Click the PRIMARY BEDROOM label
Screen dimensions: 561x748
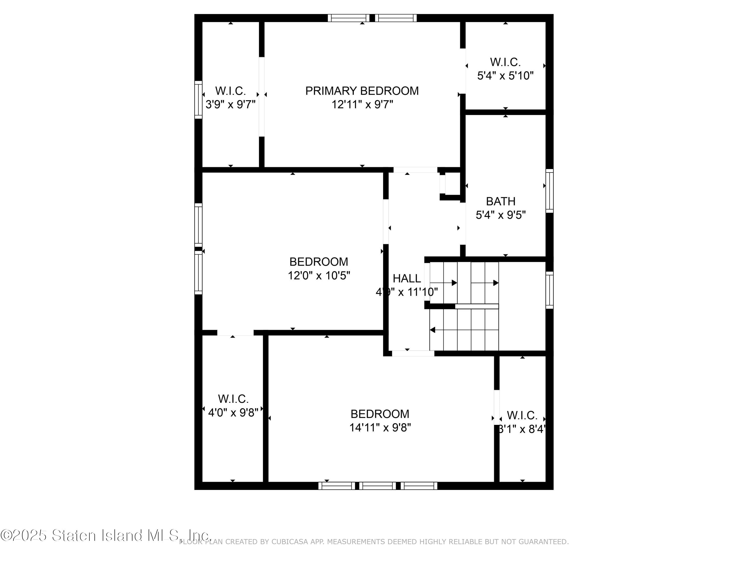(x=362, y=91)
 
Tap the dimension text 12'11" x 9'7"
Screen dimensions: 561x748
(x=362, y=104)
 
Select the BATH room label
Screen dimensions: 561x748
(x=500, y=201)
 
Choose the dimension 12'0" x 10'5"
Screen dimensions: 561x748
(x=319, y=276)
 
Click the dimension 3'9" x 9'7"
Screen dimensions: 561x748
(x=230, y=104)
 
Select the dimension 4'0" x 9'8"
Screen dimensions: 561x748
(x=233, y=413)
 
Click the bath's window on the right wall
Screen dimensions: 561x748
(x=550, y=191)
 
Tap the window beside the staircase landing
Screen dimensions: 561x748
(x=550, y=290)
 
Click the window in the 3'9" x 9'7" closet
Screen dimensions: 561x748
(x=198, y=100)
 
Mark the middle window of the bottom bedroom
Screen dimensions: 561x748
(x=377, y=486)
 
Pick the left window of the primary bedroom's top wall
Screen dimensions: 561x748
(x=348, y=18)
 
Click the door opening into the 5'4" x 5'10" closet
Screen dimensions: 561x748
(x=463, y=71)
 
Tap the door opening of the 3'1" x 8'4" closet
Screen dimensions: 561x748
(x=496, y=407)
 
